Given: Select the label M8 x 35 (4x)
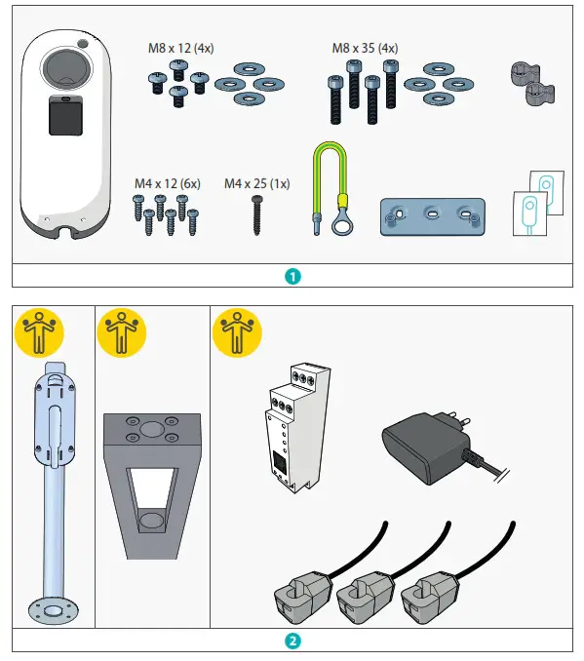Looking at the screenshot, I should coord(365,48).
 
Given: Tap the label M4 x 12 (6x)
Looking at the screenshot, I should coord(167,183).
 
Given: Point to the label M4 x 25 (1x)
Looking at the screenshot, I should coord(257,183).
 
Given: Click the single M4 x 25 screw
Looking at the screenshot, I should coord(258,213).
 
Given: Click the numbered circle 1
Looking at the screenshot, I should coord(292,275).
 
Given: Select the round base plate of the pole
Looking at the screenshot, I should coord(53,609).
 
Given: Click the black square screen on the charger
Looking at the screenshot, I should coord(65,120).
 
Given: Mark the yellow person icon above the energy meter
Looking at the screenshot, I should coord(235,332).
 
